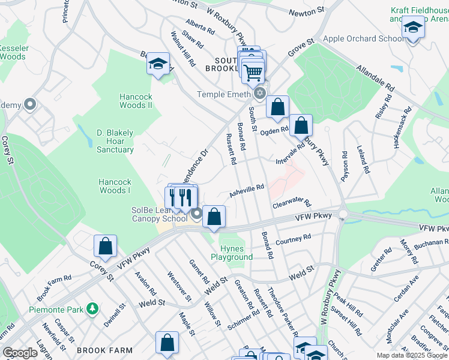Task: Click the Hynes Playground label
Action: (x=231, y=253)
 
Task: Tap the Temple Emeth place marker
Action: (x=260, y=94)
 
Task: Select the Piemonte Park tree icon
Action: (x=92, y=308)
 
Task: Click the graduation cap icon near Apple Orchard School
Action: (x=413, y=29)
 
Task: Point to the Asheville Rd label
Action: (x=246, y=191)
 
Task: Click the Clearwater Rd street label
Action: (x=291, y=203)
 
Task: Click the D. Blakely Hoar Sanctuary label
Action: (x=115, y=141)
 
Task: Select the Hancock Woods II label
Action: (x=136, y=101)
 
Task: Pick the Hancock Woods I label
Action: (x=115, y=186)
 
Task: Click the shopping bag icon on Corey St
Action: (x=105, y=246)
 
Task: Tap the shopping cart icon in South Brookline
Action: (x=253, y=73)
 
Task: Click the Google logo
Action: (x=20, y=353)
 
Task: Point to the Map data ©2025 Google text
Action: (x=411, y=355)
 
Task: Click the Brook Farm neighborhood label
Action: (x=100, y=350)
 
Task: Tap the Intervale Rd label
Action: (x=291, y=154)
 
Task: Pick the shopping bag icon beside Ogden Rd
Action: (x=277, y=107)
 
